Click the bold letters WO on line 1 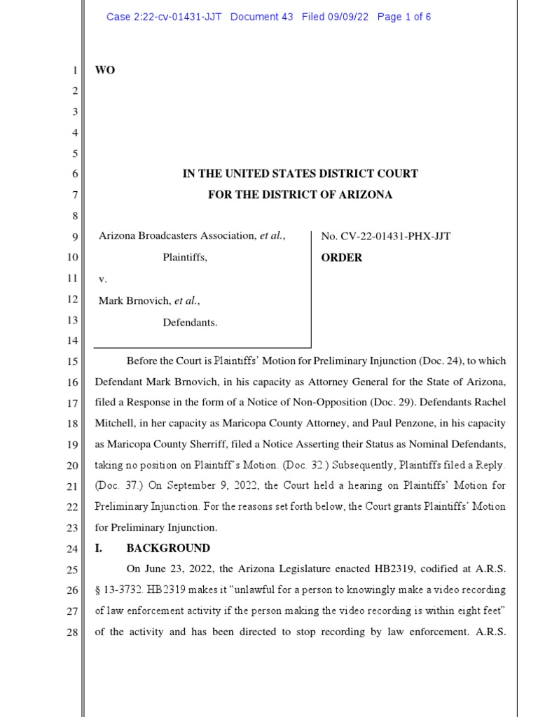tap(104, 70)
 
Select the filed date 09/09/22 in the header tap(350, 17)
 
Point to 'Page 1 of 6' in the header tap(404, 17)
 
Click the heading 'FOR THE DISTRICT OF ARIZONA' tap(300, 195)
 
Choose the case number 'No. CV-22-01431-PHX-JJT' tap(385, 236)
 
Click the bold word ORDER tap(342, 258)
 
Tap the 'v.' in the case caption tap(102, 279)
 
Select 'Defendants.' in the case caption tap(190, 322)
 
